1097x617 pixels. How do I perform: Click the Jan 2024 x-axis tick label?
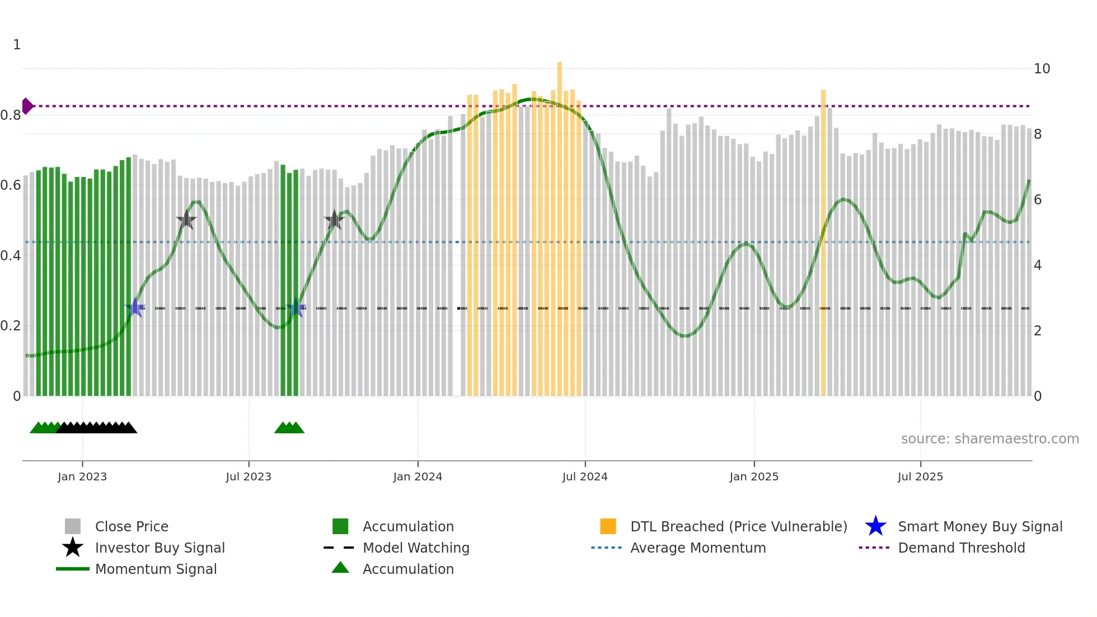tap(418, 476)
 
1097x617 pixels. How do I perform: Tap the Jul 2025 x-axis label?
tap(920, 476)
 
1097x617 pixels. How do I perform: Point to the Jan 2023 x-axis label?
tap(82, 476)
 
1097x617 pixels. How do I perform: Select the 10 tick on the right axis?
tap(1042, 69)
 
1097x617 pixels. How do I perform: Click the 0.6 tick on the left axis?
tap(11, 185)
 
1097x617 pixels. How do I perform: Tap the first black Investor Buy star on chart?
tap(186, 219)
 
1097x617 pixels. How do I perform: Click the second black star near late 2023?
tap(334, 220)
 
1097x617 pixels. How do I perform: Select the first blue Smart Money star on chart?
tap(135, 307)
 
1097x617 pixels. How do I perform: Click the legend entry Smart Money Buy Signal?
tap(979, 526)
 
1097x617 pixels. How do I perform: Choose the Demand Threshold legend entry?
tap(961, 548)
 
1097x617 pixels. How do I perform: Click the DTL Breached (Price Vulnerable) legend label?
tap(738, 526)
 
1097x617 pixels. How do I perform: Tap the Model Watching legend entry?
tap(415, 548)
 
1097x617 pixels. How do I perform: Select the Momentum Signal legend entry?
tap(156, 569)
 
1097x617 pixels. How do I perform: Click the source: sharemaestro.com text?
tap(990, 439)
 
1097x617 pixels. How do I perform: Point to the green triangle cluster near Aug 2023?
tap(289, 428)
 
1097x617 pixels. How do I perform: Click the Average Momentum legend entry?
tap(697, 548)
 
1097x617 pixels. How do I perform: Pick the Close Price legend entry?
tap(132, 526)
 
